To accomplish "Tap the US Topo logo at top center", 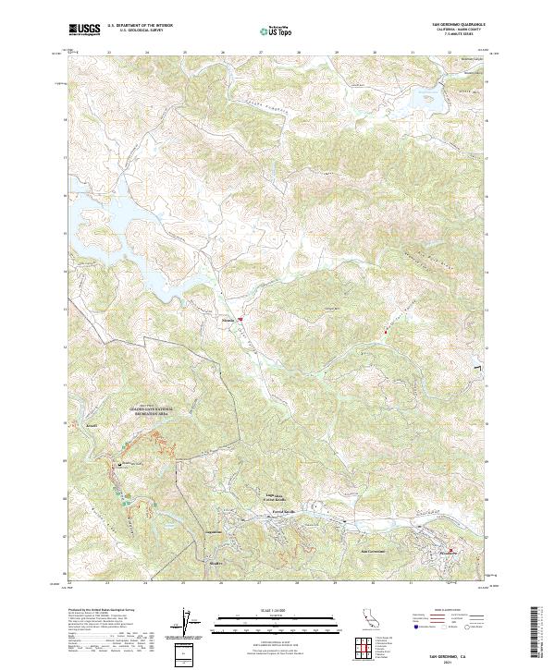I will click(276, 31).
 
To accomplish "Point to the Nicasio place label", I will click(229, 321).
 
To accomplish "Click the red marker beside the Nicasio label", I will click(240, 321).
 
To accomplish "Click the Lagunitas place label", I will click(214, 533).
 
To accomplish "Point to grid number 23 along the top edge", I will click(109, 53).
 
